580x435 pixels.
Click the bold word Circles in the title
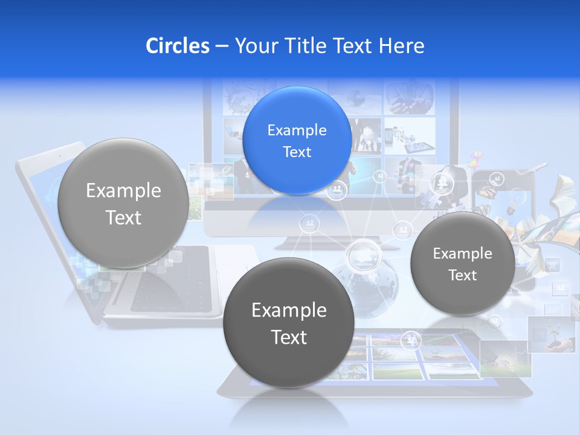click(x=177, y=46)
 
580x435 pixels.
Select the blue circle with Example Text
click(x=297, y=140)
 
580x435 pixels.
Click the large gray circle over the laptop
click(x=123, y=203)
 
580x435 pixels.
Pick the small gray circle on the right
click(x=462, y=263)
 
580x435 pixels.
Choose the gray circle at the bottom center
click(x=289, y=323)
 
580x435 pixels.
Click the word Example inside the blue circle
click(x=297, y=130)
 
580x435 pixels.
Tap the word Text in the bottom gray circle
click(x=289, y=337)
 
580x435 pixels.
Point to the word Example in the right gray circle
click(x=462, y=253)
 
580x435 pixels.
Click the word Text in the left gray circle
click(x=123, y=217)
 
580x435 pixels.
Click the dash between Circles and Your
click(x=222, y=46)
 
